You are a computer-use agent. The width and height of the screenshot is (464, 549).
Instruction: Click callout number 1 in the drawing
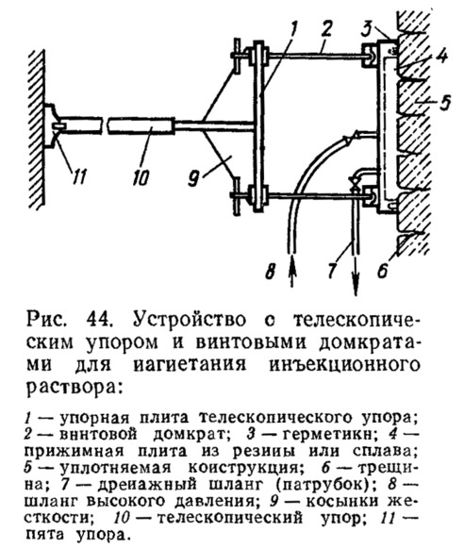click(292, 29)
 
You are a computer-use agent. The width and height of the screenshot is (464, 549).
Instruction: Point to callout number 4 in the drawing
click(442, 56)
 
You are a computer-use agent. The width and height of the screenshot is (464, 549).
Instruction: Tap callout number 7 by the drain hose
click(332, 270)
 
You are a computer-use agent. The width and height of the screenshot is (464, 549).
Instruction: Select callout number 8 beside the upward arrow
click(270, 271)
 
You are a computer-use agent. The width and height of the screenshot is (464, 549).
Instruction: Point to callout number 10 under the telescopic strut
click(141, 177)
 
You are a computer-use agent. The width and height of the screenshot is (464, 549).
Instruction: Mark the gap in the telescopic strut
click(105, 125)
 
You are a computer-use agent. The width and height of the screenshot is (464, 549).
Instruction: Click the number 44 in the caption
click(99, 320)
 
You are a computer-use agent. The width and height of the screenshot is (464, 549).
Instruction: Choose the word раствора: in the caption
click(75, 388)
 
